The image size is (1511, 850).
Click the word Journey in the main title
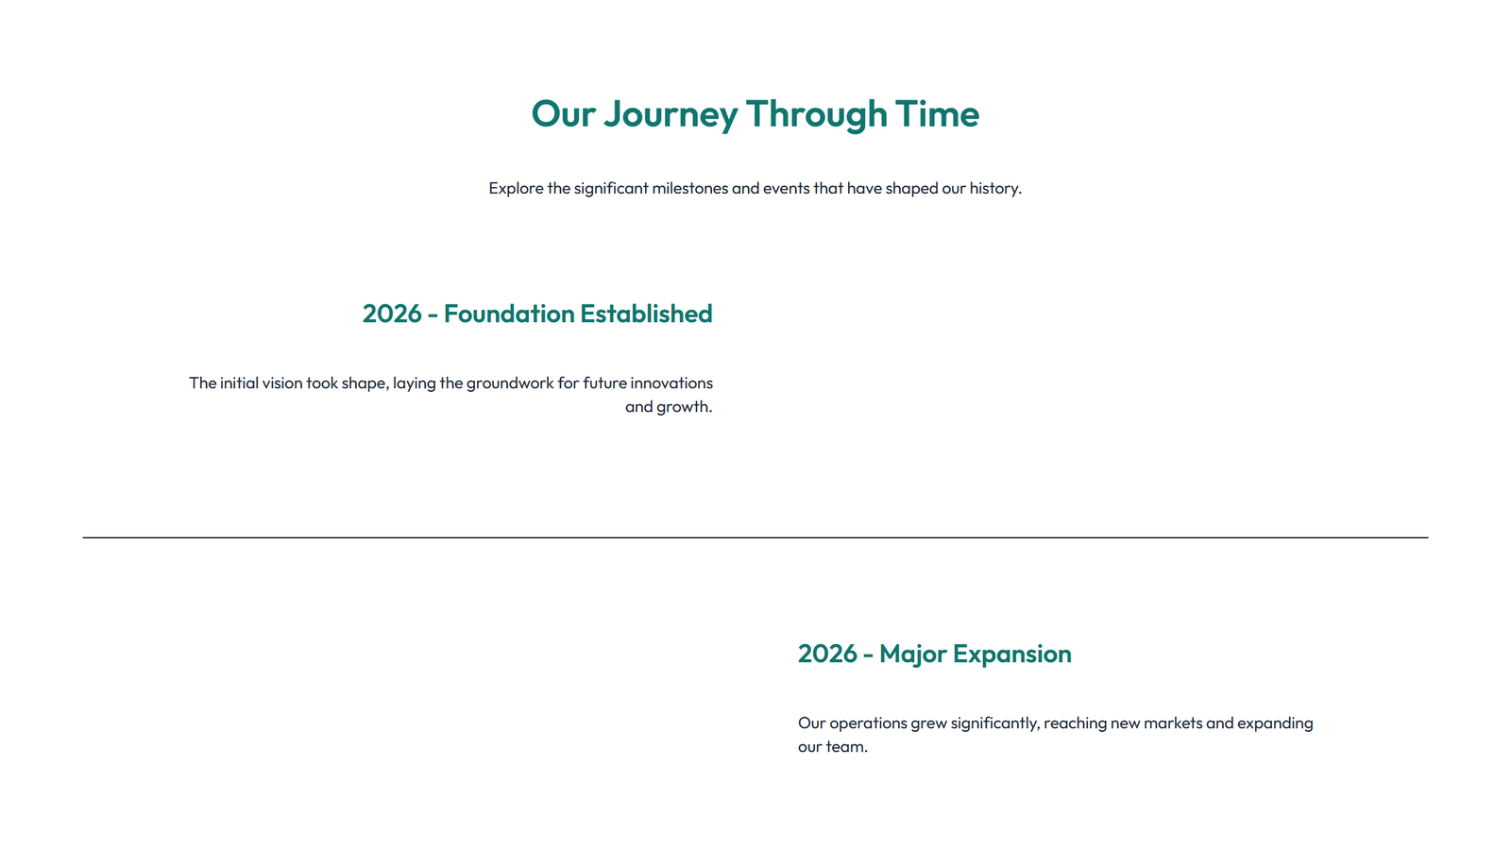[671, 114]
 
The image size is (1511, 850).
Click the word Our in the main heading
[563, 114]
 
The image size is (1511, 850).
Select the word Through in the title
[816, 114]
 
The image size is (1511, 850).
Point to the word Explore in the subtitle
[516, 188]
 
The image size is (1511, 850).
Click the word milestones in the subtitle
[689, 188]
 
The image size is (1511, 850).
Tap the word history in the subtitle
[993, 188]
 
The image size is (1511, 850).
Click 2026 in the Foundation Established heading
[392, 314]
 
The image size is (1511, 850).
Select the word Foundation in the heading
[509, 314]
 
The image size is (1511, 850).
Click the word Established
[646, 314]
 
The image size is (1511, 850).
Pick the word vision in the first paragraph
[282, 382]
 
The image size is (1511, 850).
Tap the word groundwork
[510, 382]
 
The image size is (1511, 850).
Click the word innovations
[671, 382]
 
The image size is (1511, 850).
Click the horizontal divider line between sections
[755, 537]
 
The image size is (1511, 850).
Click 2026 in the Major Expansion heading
[827, 654]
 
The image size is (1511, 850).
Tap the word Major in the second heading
[911, 654]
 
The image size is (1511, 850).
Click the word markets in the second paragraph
[1173, 722]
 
